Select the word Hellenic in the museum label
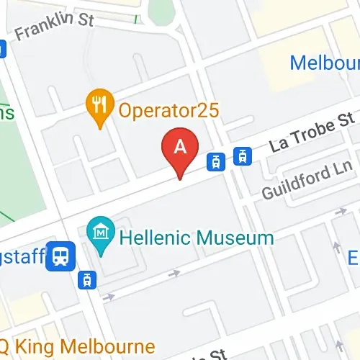click(150, 238)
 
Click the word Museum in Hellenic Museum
click(229, 238)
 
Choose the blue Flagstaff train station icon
click(60, 256)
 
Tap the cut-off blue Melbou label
click(325, 63)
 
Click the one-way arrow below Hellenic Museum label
click(173, 274)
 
